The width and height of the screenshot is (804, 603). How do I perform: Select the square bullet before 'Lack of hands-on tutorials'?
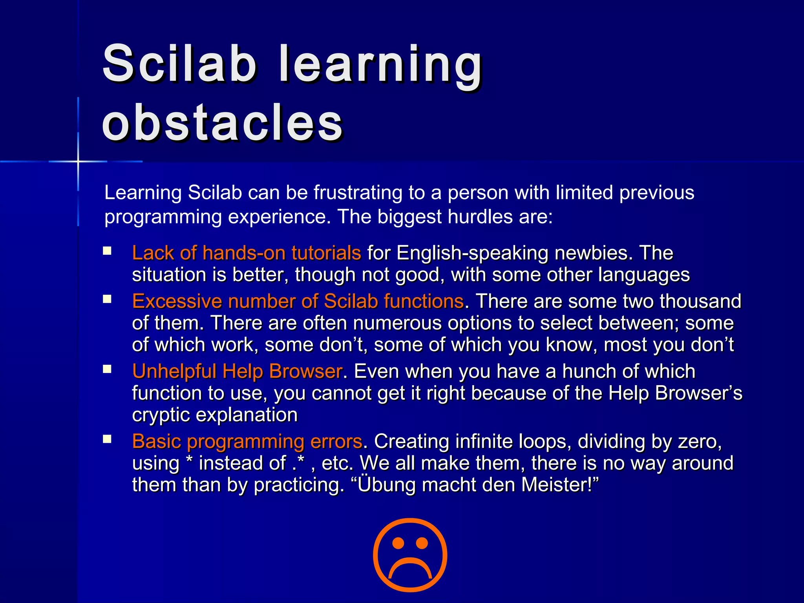pyautogui.click(x=107, y=251)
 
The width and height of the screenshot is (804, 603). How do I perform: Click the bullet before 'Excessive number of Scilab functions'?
pyautogui.click(x=107, y=300)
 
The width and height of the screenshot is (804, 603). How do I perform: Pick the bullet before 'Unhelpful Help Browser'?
pyautogui.click(x=107, y=369)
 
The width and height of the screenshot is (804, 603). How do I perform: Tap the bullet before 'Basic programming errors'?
pyautogui.click(x=107, y=439)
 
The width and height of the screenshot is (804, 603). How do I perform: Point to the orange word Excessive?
pyautogui.click(x=177, y=301)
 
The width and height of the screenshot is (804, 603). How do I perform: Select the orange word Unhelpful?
pyautogui.click(x=174, y=371)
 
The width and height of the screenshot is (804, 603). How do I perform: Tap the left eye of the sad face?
pyautogui.click(x=398, y=543)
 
